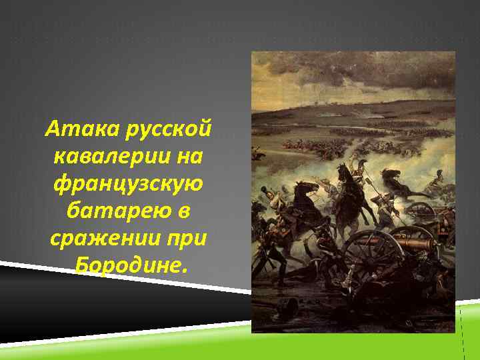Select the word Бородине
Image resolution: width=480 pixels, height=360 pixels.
click(127, 267)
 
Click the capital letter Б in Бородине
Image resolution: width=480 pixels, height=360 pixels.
click(83, 267)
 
